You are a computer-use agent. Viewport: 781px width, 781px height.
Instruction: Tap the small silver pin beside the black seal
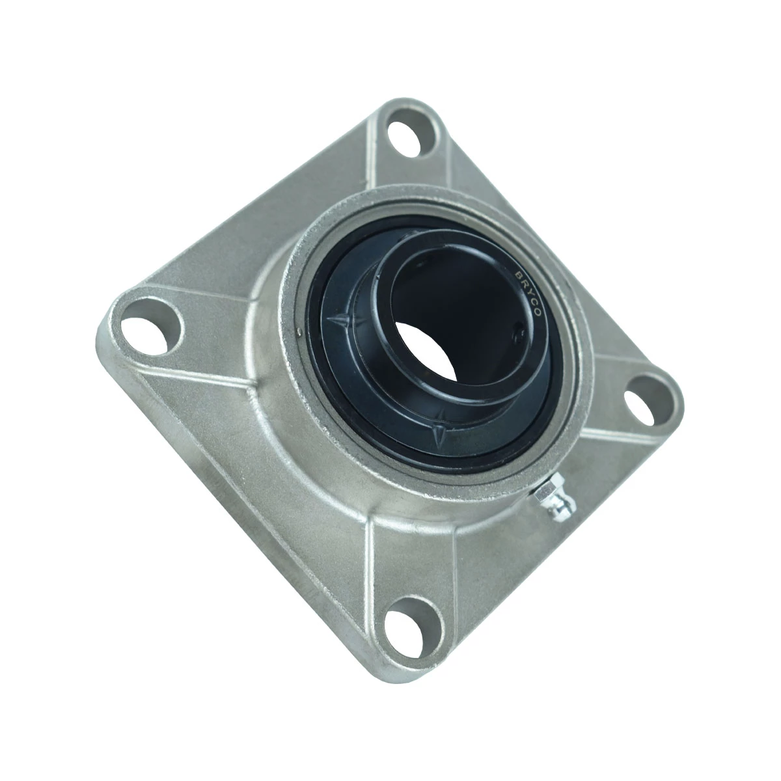click(299, 333)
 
